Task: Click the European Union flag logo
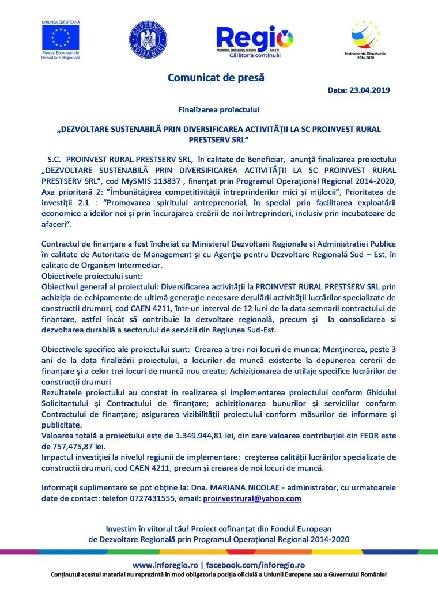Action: coord(60,37)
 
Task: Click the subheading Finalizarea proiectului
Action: coord(218,108)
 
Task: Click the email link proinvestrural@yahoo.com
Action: coord(252,498)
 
